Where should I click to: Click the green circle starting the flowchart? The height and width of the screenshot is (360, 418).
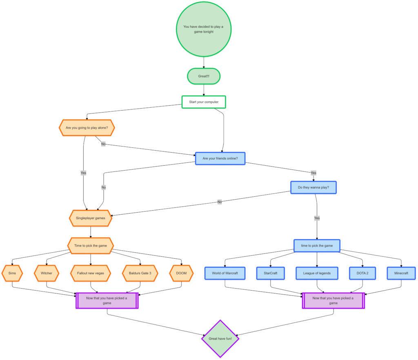point(204,29)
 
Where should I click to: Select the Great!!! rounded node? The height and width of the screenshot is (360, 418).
point(204,76)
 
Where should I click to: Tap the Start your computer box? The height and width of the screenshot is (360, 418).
point(204,102)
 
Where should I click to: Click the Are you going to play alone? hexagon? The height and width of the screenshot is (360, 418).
point(87,128)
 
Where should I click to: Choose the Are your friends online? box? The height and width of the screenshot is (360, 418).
point(220,158)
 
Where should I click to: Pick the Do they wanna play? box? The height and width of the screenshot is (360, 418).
point(313,187)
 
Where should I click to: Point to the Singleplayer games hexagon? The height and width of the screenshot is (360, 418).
point(91,218)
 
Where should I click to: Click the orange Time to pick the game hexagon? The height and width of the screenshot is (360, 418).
point(91,245)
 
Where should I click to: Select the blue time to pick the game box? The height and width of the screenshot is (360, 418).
point(317,245)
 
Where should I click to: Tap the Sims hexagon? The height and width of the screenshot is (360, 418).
point(12,273)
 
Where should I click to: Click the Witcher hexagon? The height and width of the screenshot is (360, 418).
point(47,273)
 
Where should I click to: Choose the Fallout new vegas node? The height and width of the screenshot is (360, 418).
point(91,273)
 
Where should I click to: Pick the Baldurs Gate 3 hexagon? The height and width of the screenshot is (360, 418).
point(140,273)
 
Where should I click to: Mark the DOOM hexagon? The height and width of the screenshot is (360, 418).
point(181,273)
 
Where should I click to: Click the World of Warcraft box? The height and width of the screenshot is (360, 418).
point(225,273)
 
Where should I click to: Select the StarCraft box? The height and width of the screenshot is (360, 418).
point(271,273)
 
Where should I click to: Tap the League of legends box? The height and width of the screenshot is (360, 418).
point(317,273)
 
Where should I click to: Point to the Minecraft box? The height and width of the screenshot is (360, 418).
point(401,273)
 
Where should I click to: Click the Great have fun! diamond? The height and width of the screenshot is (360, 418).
point(220,338)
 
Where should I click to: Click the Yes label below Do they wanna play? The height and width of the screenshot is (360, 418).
point(317,218)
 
